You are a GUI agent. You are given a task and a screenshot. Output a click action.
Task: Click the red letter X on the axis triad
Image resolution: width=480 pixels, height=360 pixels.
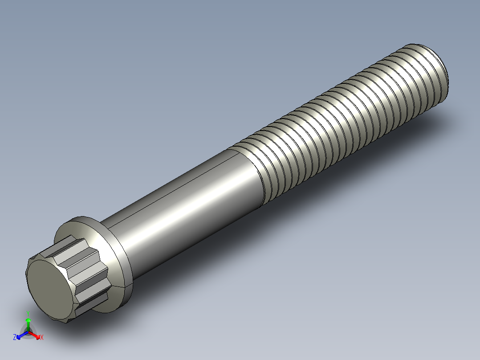41,337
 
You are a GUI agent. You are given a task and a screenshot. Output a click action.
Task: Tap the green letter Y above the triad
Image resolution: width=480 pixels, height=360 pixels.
28,312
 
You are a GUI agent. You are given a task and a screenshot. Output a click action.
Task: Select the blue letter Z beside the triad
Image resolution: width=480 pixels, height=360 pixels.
15,337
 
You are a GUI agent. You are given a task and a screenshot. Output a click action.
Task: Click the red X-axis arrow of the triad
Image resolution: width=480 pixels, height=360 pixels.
35,334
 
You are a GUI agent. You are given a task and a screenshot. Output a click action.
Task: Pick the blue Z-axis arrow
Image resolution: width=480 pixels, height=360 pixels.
21,335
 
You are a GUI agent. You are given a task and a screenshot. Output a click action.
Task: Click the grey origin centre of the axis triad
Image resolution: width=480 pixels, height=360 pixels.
28,331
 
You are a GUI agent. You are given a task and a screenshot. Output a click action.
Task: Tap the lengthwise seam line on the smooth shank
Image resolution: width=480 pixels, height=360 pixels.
178,183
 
